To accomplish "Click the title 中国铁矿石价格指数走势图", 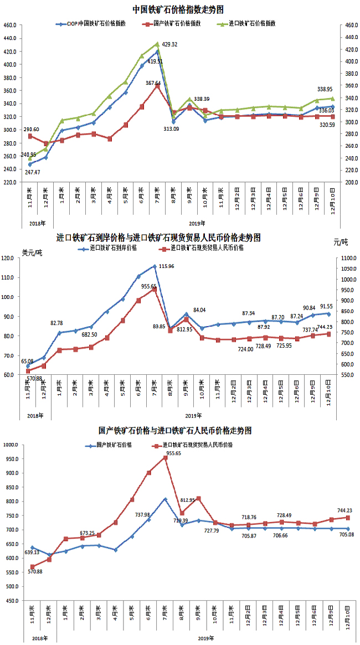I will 178,9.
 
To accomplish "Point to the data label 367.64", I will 153,82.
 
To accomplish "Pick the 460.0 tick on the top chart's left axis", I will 9,25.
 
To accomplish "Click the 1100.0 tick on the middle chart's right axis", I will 346,259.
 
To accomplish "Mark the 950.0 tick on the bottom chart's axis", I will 12,459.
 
